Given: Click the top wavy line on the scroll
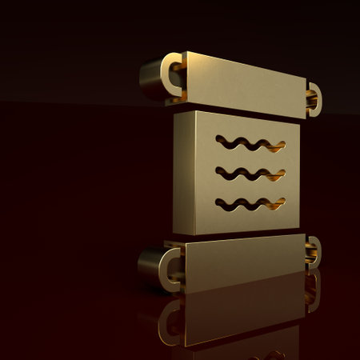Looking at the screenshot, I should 250,144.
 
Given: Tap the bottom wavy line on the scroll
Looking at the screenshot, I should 250,202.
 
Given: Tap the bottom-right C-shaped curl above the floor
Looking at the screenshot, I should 312,250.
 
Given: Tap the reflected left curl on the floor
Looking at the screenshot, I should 170,320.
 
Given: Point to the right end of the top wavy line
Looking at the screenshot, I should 281,146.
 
